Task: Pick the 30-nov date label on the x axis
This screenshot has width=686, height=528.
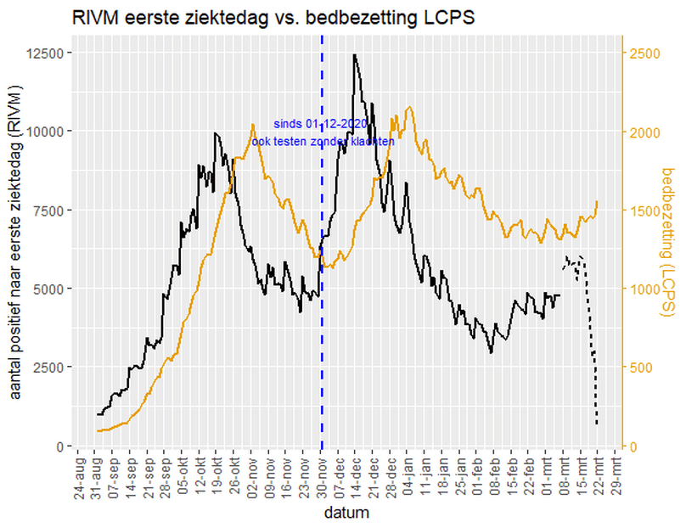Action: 323,480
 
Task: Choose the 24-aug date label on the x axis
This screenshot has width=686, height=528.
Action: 77,480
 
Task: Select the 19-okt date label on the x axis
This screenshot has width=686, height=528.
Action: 217,480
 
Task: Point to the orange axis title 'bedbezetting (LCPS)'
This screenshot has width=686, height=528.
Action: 666,243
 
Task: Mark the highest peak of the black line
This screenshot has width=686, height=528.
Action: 354,55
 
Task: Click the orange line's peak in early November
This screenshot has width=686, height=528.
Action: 253,125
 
